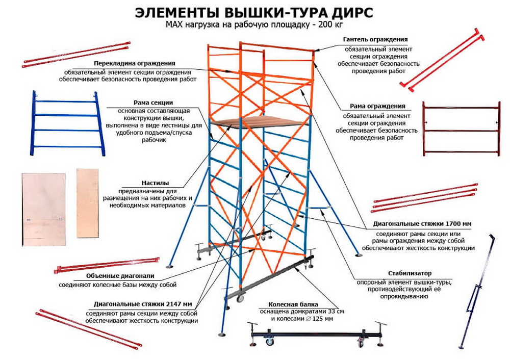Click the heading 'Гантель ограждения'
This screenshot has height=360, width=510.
376,39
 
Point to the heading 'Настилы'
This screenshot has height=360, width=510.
156,183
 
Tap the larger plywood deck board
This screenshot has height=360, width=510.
43,209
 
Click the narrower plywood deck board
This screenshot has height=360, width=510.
87,203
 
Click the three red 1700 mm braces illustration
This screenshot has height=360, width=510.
424,198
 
